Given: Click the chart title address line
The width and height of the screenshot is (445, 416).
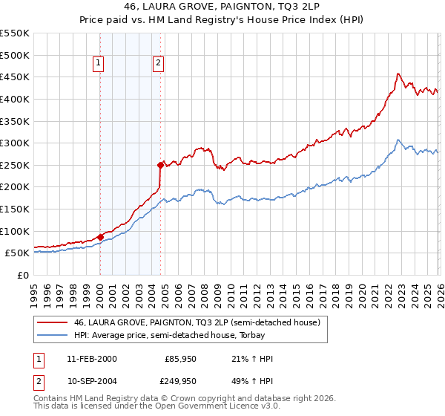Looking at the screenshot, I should coord(222,7).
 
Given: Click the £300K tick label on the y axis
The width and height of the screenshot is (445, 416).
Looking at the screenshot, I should coord(15,143).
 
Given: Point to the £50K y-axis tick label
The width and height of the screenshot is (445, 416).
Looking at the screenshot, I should coord(17,253).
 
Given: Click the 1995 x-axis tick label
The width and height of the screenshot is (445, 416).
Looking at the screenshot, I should coord(34,288).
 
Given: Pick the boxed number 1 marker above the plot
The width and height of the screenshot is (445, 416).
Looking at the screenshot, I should coord(99,64).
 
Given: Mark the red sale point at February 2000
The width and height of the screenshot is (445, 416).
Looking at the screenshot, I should coord(100,237).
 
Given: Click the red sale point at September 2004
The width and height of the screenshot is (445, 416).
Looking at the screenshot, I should coord(160,165).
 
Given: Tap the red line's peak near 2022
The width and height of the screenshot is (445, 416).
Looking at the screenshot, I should coord(398,74).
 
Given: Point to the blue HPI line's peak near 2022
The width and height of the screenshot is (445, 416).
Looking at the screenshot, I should coord(398,140).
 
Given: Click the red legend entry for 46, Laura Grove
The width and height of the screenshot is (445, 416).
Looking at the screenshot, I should coord(197,322).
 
